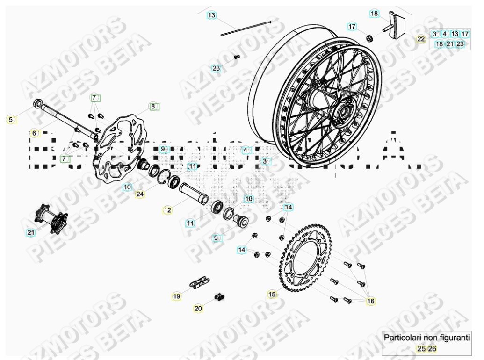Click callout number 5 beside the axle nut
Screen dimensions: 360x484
point(10,120)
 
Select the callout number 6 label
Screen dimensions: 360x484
point(34,133)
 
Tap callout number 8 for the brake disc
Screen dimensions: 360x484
point(152,106)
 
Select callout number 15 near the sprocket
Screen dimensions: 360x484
point(272,294)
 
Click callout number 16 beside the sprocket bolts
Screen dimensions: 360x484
point(371,302)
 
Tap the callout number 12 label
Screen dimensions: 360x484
point(167,210)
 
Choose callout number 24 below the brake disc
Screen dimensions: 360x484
point(140,194)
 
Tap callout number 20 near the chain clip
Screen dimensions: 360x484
point(198,309)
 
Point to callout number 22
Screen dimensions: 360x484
point(421,39)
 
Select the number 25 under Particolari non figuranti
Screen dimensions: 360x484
point(421,348)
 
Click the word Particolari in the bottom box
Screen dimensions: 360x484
point(400,337)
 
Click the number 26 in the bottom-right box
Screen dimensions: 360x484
point(432,348)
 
